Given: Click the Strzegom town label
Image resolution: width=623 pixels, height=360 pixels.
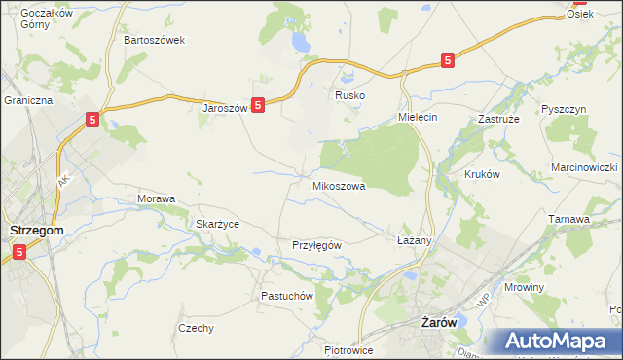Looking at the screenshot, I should click(36, 230).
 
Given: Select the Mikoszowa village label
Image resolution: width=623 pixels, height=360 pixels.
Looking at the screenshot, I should click(338, 185).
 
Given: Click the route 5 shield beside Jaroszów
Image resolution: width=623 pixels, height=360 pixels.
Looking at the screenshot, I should click(258, 105).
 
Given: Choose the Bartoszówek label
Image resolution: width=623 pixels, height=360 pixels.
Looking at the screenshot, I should click(155, 41).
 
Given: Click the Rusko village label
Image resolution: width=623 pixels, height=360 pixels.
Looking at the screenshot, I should click(348, 95).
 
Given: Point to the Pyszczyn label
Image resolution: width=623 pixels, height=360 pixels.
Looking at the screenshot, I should click(564, 109).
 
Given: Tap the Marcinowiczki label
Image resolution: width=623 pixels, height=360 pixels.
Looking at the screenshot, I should click(584, 167).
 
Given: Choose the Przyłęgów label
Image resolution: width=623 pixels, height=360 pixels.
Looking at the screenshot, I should click(316, 245).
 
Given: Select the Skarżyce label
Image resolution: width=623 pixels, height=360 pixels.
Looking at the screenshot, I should click(217, 224).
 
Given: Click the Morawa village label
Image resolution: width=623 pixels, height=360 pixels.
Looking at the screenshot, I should click(156, 198).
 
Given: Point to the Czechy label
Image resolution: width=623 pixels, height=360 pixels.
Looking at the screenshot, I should click(196, 328).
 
